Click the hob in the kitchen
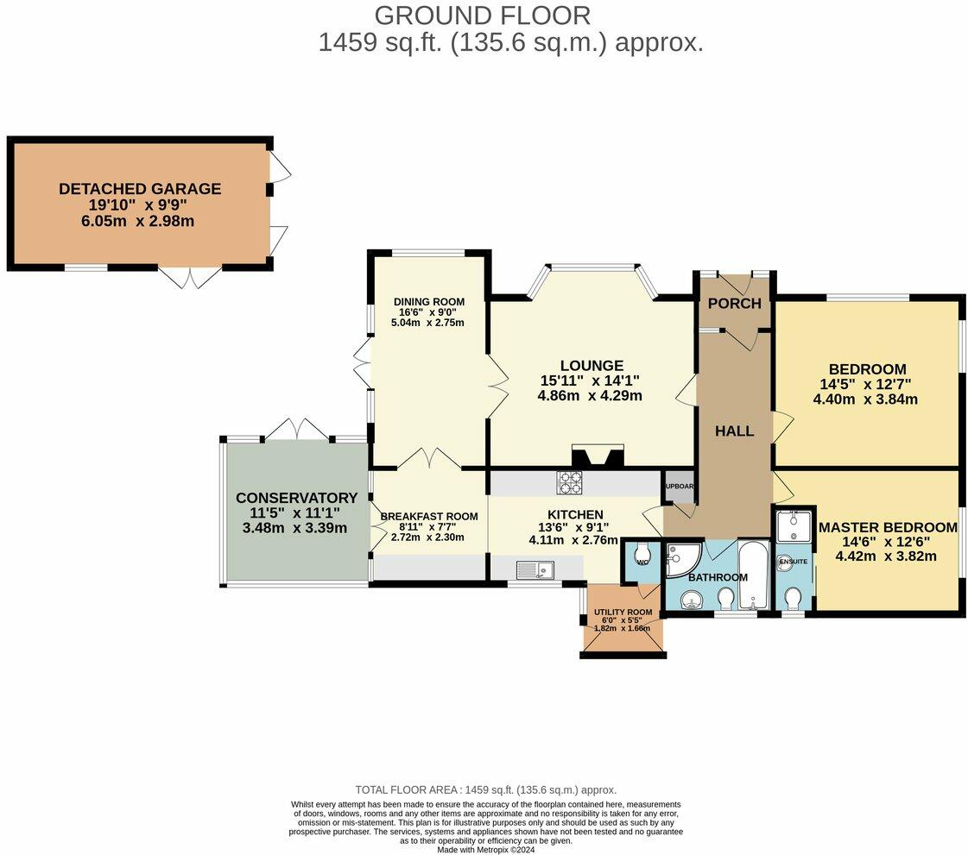coord(569,482)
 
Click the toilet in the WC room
coord(642,552)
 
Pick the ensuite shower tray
coord(794,525)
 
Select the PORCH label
coord(735,304)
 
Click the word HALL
coord(735,431)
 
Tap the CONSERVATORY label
coord(297,498)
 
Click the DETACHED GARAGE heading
coord(140,189)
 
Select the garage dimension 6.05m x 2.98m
coord(137,221)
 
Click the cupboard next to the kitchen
coord(679,487)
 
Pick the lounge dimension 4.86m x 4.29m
coord(590,395)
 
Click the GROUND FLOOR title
coord(483,16)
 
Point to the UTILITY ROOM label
coord(623,613)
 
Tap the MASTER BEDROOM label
coord(888,527)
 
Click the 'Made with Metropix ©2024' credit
coord(486,850)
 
